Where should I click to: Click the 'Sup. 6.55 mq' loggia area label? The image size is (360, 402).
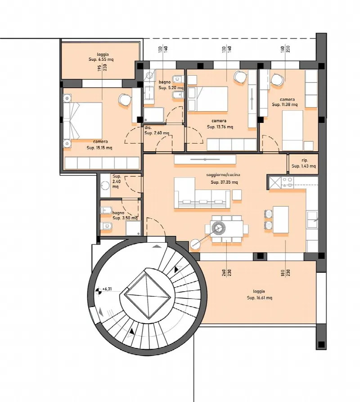coord(101,59)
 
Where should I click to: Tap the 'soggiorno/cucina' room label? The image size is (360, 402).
coord(223,175)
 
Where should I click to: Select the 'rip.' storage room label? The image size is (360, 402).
coord(305,160)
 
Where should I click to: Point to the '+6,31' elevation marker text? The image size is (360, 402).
coord(107,289)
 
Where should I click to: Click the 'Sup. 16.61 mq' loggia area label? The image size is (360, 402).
coord(260,298)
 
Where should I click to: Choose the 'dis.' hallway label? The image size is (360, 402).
coord(148,127)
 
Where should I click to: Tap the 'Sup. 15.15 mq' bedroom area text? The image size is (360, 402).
coord(99,148)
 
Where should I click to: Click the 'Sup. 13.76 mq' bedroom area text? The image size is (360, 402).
coord(220,126)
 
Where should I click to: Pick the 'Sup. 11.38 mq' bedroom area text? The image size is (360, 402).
coord(285,104)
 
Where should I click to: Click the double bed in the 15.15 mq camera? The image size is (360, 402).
coord(83,121)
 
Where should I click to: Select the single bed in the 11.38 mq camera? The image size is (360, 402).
coord(292,130)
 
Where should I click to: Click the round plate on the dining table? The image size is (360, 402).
coord(219,228)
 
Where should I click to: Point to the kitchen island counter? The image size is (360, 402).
coord(280,220)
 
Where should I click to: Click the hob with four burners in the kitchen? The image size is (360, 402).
coord(288,182)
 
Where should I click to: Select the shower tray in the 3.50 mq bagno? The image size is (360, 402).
coord(133,228)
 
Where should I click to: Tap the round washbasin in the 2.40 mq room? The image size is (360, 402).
coord(105,185)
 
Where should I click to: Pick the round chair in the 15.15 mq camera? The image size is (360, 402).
coord(125,99)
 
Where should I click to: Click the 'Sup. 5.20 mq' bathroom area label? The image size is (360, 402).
coord(171,88)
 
